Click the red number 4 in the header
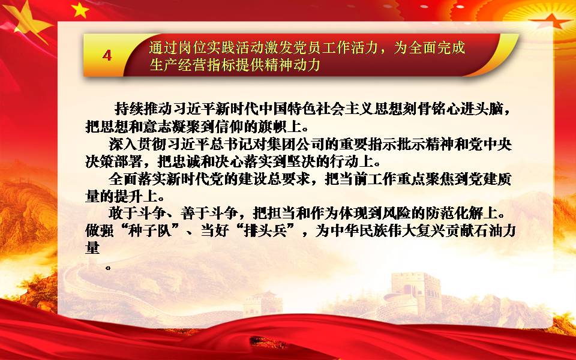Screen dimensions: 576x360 point(107,55)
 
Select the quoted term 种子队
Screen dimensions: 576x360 point(150,231)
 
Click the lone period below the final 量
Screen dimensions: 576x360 point(107,268)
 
